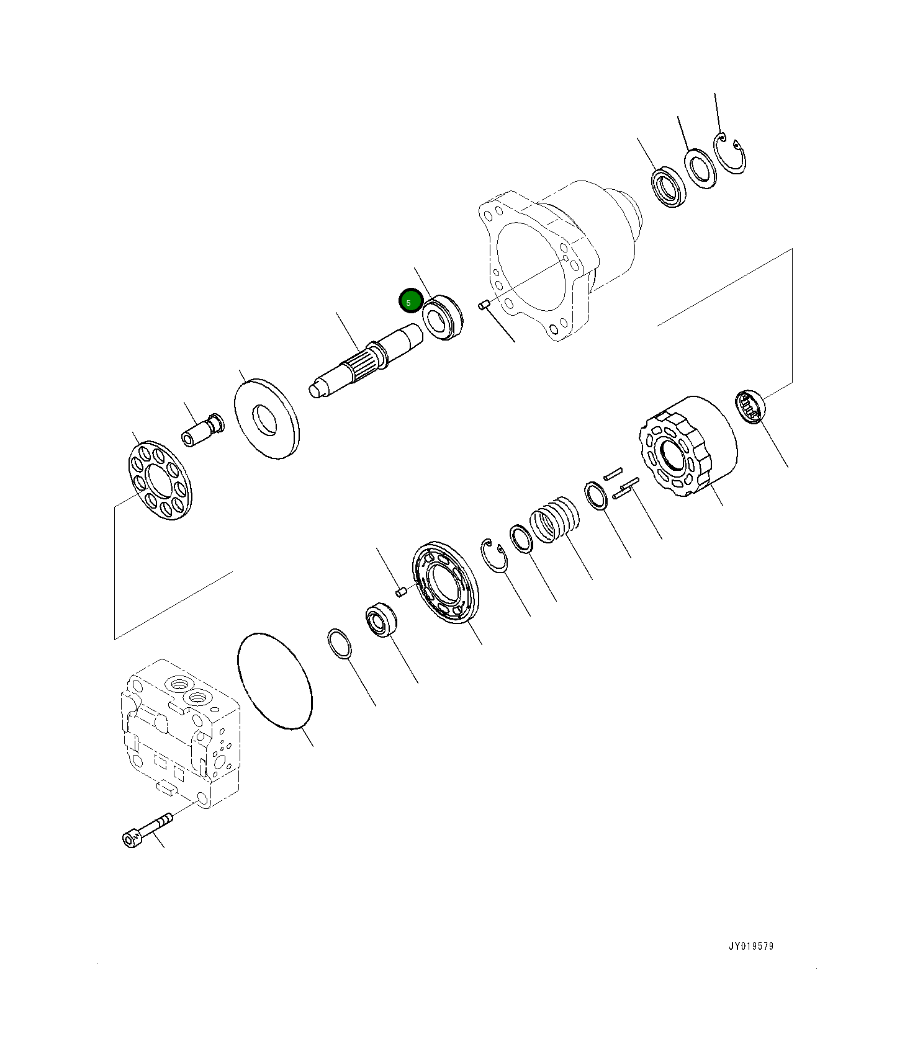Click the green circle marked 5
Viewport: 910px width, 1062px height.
point(410,301)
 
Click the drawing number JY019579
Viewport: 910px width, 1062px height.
point(751,946)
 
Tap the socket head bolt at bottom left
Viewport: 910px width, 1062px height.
point(146,830)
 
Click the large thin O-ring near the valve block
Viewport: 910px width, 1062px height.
point(275,680)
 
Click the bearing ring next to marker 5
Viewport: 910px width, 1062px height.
point(443,316)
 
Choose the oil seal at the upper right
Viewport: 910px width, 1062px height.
point(669,187)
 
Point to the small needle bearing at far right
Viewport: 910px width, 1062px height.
point(750,407)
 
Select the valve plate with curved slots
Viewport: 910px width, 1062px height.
point(445,582)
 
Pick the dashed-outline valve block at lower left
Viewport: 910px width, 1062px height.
point(179,732)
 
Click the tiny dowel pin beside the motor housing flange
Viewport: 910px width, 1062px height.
point(485,305)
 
